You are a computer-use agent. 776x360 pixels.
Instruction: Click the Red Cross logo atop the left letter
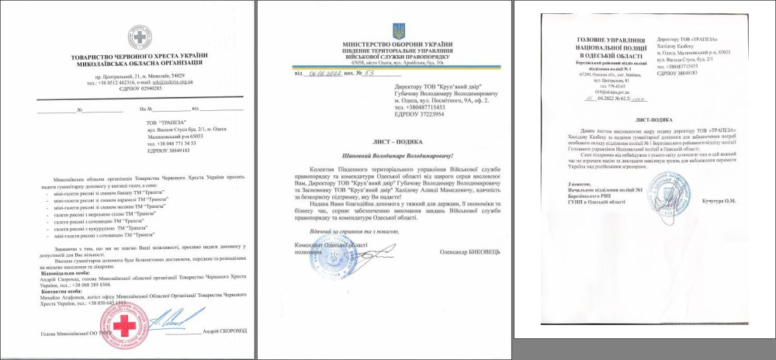pos(140,38)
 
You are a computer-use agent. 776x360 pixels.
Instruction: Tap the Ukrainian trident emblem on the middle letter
pos(399,32)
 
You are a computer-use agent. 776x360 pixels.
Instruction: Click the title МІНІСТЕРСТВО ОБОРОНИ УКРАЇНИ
pos(399,45)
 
